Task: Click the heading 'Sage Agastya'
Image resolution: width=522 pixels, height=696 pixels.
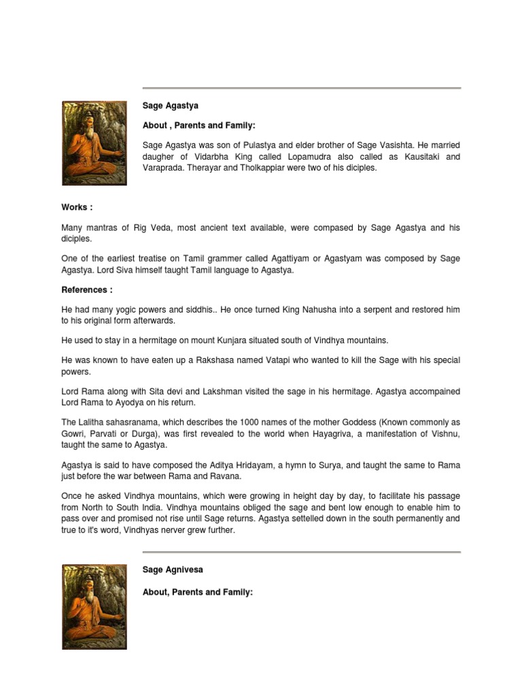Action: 171,106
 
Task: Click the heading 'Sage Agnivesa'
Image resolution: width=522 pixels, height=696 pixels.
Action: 173,569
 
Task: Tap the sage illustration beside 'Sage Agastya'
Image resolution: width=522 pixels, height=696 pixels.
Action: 94,143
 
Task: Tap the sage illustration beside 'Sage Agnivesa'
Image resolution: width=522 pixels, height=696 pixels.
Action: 94,606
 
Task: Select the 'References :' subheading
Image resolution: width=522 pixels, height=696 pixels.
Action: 86,290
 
